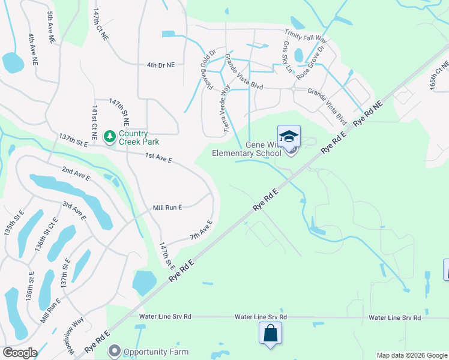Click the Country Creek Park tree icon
click(110, 137)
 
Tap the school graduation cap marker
click(289, 136)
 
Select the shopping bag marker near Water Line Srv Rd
click(270, 333)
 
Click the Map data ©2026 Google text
click(412, 355)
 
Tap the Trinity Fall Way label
click(306, 37)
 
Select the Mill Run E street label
click(167, 207)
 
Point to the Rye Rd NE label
click(367, 113)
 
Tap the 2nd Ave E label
click(75, 174)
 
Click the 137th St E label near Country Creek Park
click(73, 141)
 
